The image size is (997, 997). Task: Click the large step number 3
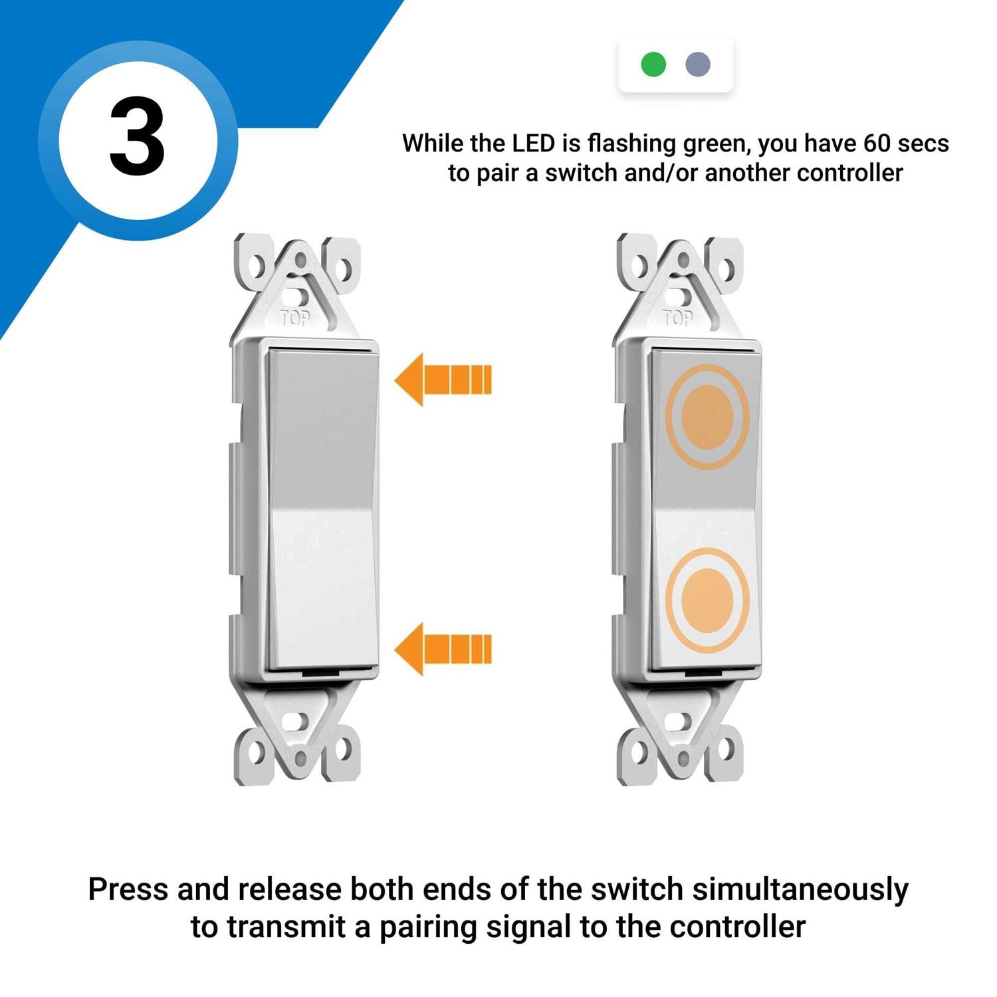point(138,138)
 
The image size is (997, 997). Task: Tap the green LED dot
point(653,64)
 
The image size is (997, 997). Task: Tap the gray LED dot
point(698,64)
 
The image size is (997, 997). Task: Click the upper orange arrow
point(443,380)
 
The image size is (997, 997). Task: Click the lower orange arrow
point(443,649)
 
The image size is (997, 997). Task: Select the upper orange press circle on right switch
point(708,417)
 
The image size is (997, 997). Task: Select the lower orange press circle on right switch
point(708,600)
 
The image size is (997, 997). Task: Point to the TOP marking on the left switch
point(295,318)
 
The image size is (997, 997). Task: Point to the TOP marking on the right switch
point(678,318)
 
